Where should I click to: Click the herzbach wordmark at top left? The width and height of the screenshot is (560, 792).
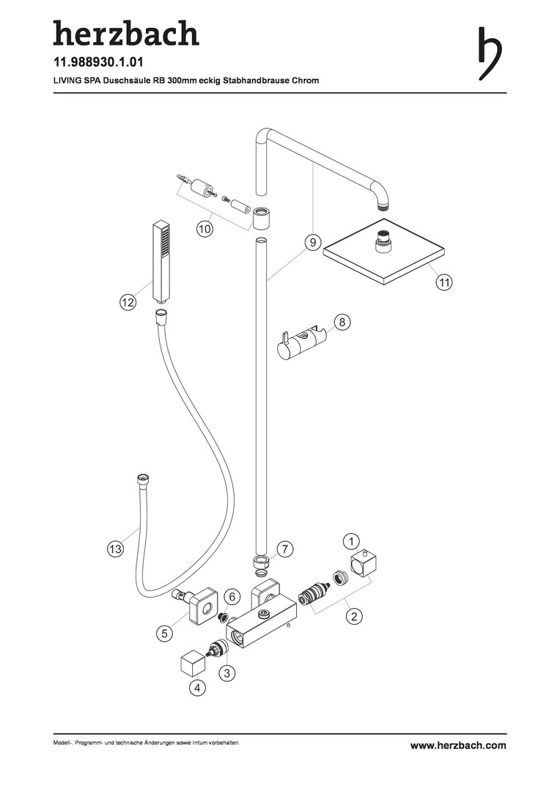point(126,33)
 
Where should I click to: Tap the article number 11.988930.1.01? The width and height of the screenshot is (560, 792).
point(98,62)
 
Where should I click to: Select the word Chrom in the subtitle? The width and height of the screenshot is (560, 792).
point(305,81)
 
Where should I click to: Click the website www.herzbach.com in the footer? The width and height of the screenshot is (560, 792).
point(458,745)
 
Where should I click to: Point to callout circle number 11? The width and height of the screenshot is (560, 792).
point(444,282)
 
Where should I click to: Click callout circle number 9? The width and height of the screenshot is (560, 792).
point(313,243)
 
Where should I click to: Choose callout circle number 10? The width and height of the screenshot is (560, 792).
point(204,230)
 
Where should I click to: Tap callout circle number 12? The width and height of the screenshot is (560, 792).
point(128,303)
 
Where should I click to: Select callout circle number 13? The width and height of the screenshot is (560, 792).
point(115,549)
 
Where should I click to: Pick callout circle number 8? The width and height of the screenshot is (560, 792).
point(342,322)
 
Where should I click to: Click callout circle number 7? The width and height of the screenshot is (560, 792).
point(285,549)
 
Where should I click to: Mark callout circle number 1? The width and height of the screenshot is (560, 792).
point(351,542)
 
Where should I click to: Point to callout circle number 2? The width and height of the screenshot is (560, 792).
point(354,616)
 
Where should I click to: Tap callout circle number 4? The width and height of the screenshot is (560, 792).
point(197,687)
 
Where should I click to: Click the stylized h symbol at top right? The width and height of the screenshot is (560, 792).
point(489,53)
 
